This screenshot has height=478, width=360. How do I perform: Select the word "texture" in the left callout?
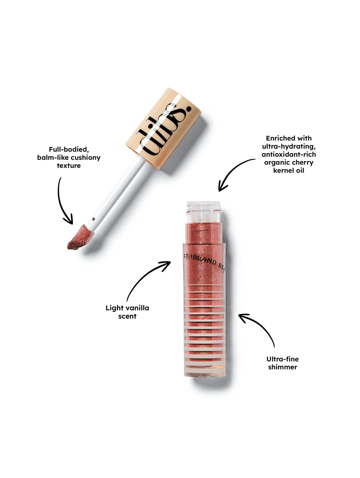coord(69,166)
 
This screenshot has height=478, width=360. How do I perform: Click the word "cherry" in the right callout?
coord(303,163)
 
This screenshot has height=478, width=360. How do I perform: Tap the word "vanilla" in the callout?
coord(136,308)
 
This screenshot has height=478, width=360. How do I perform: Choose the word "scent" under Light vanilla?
coord(127,317)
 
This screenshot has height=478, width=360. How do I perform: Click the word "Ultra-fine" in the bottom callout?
coord(283,359)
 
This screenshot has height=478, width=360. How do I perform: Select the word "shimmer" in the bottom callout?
coord(282,367)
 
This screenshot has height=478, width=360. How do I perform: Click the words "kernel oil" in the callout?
coord(289,171)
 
